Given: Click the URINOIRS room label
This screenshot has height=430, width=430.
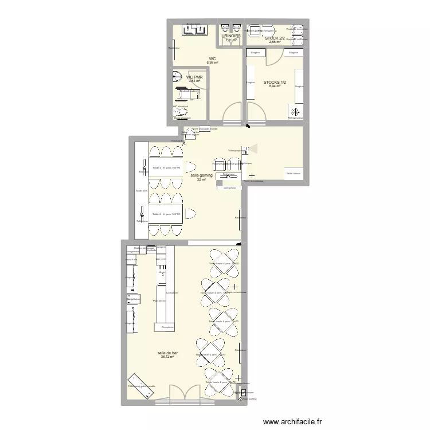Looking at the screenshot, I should pyautogui.click(x=230, y=36).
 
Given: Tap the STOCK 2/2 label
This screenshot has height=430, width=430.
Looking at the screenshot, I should pyautogui.click(x=275, y=38).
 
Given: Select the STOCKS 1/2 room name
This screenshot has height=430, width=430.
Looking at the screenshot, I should pyautogui.click(x=275, y=83).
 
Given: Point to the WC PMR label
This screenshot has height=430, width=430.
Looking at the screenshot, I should pyautogui.click(x=194, y=77).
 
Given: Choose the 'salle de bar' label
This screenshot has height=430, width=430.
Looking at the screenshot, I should pyautogui.click(x=167, y=353).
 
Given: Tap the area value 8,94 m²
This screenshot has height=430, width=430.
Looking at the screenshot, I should pyautogui.click(x=275, y=87).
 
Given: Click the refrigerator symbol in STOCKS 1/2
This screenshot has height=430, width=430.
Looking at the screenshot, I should pyautogui.click(x=296, y=112).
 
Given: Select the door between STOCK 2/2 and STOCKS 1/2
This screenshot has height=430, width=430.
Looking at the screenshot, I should pyautogui.click(x=273, y=54).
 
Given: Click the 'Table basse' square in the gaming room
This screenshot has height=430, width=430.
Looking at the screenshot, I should pyautogui.click(x=294, y=173).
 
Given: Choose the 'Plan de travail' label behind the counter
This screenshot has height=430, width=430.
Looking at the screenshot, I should pyautogui.click(x=159, y=300).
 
